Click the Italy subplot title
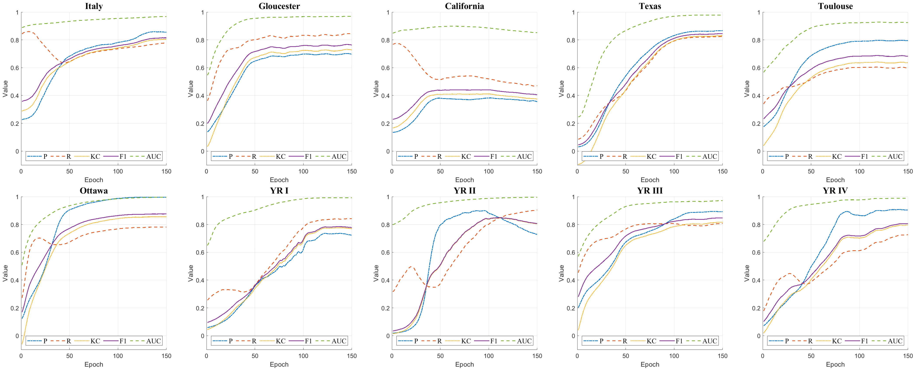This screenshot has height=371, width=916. pyautogui.click(x=94, y=6)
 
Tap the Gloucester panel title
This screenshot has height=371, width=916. pyautogui.click(x=279, y=6)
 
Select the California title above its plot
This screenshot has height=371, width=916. pyautogui.click(x=464, y=6)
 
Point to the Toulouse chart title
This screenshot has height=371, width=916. pyautogui.click(x=835, y=6)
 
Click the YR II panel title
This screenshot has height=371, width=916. pyautogui.click(x=464, y=191)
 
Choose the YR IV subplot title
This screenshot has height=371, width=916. pyautogui.click(x=835, y=191)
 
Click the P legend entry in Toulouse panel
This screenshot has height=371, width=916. pyautogui.click(x=779, y=157)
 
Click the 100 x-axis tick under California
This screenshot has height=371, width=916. pyautogui.click(x=489, y=171)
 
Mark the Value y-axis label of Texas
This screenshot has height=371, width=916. pyautogui.click(x=561, y=89)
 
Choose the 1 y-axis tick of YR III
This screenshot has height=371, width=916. pyautogui.click(x=573, y=197)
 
